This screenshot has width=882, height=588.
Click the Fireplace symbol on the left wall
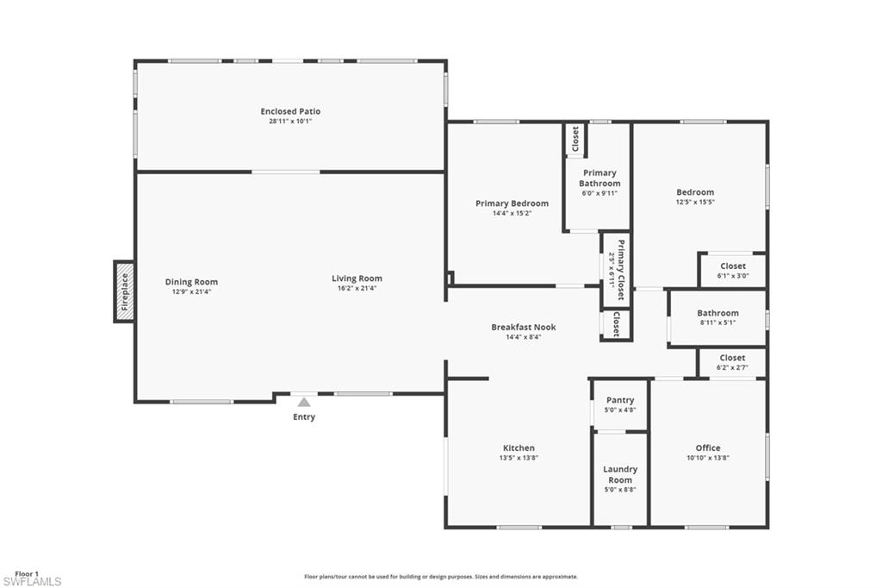(124, 291)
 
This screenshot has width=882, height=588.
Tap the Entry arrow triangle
(304, 402)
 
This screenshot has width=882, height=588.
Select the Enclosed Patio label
(290, 111)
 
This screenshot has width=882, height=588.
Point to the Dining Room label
(191, 282)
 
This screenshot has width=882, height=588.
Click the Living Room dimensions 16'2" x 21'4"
(357, 288)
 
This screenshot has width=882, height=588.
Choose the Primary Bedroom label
(512, 203)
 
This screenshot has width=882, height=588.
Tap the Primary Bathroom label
(599, 178)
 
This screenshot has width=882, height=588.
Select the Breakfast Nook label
(524, 327)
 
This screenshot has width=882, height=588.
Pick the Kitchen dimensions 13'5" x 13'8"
(519, 458)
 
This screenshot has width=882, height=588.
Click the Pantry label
(620, 400)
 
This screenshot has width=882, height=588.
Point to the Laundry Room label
(620, 474)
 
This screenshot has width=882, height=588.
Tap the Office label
(708, 447)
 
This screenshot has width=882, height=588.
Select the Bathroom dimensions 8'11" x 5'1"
(717, 322)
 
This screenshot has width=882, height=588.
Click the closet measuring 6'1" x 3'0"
(732, 271)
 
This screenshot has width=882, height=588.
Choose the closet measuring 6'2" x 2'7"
(732, 362)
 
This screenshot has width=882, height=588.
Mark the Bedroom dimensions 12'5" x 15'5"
(695, 202)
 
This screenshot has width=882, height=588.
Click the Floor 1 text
(27, 573)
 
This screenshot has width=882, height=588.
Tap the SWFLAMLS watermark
(31, 582)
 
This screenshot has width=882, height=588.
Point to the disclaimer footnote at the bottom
(441, 577)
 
